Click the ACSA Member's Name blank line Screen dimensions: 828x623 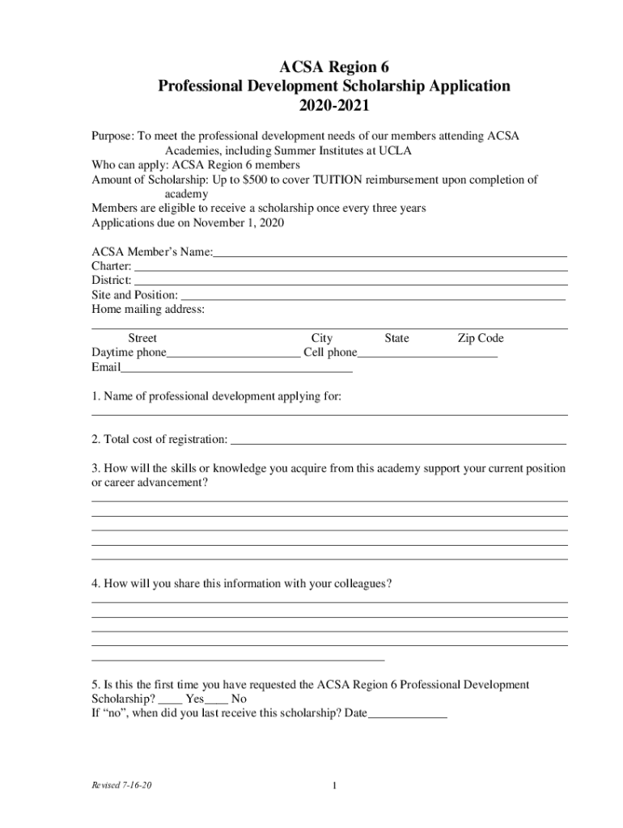(x=390, y=255)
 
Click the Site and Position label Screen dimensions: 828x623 (x=134, y=294)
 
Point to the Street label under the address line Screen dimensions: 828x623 (x=142, y=338)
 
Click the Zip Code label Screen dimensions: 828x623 (x=480, y=338)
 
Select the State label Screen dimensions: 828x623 (x=396, y=338)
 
